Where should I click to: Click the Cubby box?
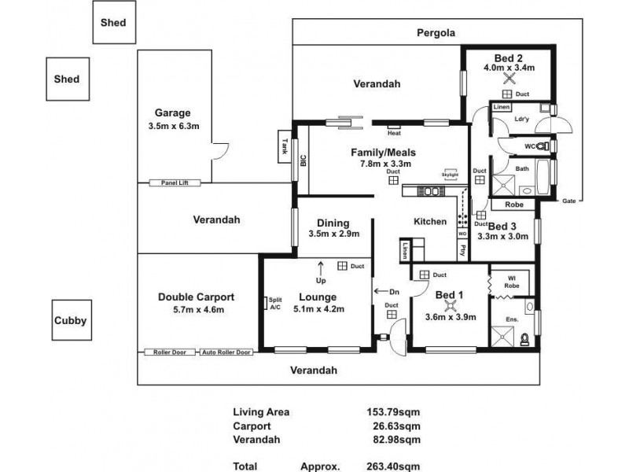pos(69,321)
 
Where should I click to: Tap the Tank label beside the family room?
pos(284,146)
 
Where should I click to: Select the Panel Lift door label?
pos(175,183)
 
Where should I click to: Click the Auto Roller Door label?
pos(226,352)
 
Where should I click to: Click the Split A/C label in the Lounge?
pos(275,304)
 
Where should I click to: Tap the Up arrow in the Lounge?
pos(320,271)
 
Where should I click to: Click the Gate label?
pos(568,201)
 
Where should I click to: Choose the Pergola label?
pos(436,32)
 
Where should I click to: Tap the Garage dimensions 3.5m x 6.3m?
pos(172,125)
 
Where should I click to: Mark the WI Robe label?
pos(509,280)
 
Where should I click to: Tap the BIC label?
pos(303,161)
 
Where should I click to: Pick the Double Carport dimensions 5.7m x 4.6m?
pos(196,310)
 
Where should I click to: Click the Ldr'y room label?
pos(520,120)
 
